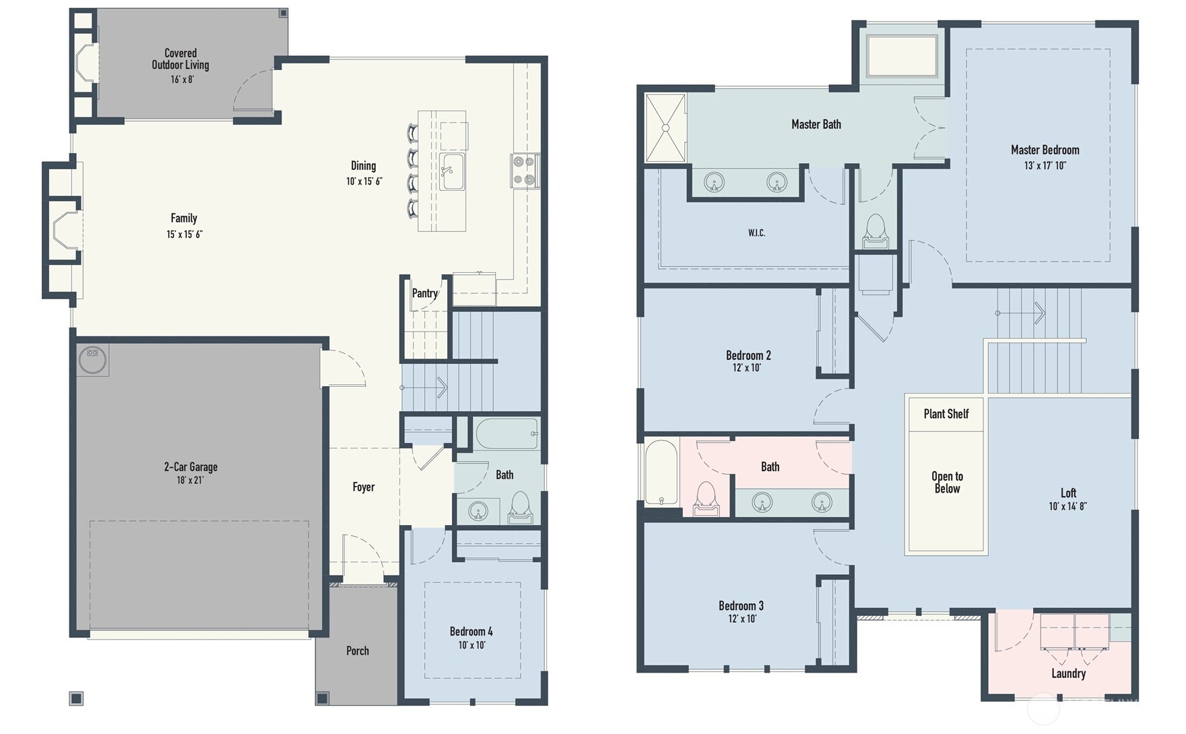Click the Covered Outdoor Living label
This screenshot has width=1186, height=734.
(x=180, y=59)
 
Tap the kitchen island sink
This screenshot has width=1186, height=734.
(x=452, y=171)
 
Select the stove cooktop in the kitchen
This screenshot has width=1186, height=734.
(x=524, y=170)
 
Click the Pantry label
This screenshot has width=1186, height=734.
(x=424, y=293)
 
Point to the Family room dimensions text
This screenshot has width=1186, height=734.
(x=185, y=235)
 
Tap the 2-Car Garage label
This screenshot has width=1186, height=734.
(x=191, y=466)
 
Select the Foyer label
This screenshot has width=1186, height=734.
(x=364, y=487)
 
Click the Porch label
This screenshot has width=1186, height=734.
(x=358, y=650)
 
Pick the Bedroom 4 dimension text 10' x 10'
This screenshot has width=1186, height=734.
(x=471, y=645)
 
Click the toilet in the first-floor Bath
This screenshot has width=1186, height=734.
(x=521, y=508)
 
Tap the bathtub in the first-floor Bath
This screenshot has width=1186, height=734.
(x=507, y=433)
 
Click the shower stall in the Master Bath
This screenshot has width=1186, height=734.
(x=665, y=128)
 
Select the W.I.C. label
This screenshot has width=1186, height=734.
(x=756, y=233)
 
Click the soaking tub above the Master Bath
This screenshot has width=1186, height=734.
(x=902, y=57)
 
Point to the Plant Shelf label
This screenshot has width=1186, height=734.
(x=946, y=414)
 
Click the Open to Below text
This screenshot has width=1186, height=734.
(x=947, y=483)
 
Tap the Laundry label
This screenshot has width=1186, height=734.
(x=1068, y=673)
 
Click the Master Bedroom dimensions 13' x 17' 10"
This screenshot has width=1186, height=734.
(x=1045, y=166)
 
